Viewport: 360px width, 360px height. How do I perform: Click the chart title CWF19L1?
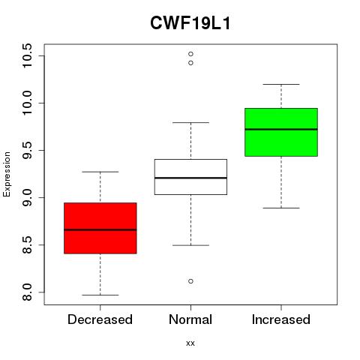point(190,23)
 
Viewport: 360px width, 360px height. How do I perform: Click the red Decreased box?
point(100,228)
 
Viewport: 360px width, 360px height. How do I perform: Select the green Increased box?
point(281,132)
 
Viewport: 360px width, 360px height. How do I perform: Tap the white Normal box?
point(190,177)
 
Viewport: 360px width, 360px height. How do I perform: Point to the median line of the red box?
point(100,229)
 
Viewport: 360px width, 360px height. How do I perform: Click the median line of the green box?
point(281,129)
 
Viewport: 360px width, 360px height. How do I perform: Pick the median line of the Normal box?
point(190,178)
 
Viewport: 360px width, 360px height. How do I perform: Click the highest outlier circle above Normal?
point(190,54)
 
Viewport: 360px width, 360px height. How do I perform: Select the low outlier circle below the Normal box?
point(190,281)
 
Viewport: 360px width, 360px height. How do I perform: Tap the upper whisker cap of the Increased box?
point(281,85)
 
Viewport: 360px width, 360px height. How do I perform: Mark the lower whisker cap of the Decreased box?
point(100,295)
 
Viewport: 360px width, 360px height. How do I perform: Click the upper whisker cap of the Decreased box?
point(100,172)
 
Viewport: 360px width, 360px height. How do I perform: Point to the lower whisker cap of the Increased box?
point(281,208)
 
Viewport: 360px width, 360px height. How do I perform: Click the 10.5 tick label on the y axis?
point(27,55)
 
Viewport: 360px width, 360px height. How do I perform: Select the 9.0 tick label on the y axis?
point(27,197)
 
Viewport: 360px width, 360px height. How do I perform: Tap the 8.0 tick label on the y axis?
point(27,292)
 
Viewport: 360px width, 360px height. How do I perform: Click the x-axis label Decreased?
point(100,319)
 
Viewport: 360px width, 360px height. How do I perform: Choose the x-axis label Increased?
point(281,319)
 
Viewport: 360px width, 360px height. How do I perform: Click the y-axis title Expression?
point(7,174)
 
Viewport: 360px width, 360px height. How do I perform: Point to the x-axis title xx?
point(190,343)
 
